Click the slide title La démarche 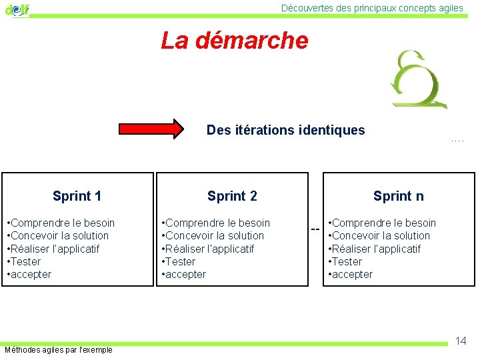coord(235,41)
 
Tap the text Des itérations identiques coord(285,130)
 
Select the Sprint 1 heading coord(77,196)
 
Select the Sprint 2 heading coord(232,196)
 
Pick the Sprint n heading coord(398,196)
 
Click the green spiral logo coord(419,79)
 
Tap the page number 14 coord(460,341)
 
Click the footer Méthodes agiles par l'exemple coord(59,350)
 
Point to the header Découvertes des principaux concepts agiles coord(372,8)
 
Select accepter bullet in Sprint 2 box coord(186,274)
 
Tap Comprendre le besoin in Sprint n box coord(383,223)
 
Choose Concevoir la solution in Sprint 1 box coord(59,235)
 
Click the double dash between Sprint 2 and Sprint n coord(315,230)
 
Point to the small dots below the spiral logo coord(457,141)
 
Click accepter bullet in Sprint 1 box coord(31,274)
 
